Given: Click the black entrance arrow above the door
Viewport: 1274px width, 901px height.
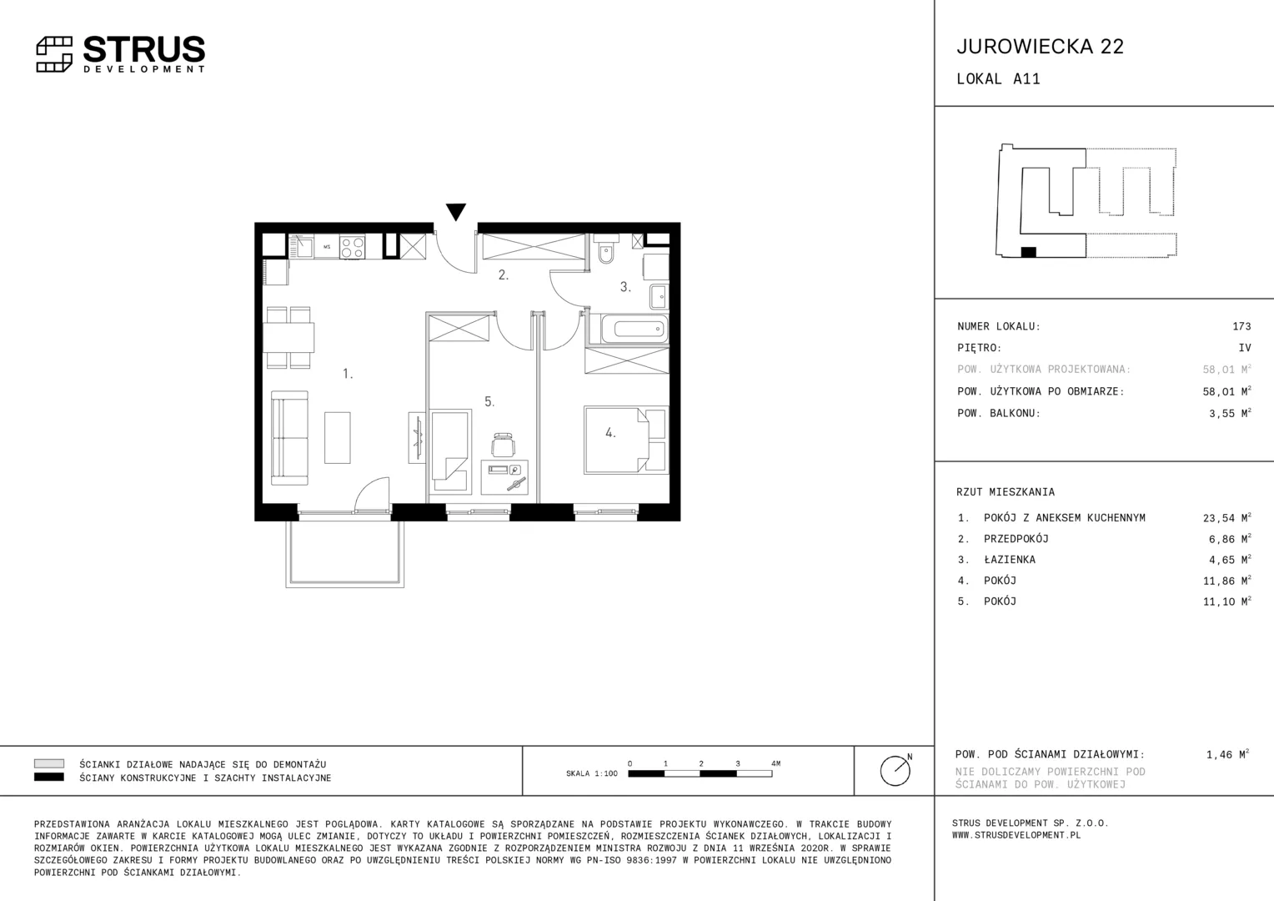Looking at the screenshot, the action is point(455,211).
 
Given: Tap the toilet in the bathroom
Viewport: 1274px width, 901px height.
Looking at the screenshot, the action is point(606,249).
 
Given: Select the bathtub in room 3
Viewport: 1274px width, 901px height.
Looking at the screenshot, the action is point(634,329).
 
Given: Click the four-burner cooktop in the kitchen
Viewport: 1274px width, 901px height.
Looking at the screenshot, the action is point(352,247).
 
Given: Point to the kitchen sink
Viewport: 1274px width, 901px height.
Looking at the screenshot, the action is point(302,246).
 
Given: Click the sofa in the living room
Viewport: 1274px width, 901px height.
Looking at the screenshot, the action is point(289,437).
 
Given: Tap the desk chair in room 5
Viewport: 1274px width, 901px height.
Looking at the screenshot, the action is point(504,444).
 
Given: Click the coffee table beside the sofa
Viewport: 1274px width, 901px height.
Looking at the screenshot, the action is point(338,437).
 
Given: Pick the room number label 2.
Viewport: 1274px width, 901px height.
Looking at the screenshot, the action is point(504,275).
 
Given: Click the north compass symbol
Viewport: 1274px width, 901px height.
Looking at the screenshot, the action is point(895,770).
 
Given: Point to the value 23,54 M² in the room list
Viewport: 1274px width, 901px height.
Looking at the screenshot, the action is point(1226,517).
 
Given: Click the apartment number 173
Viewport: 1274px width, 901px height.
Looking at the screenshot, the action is point(1241,326).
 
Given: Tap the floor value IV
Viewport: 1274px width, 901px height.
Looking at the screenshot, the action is point(1245,347).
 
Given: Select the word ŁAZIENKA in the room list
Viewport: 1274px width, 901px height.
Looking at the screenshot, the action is point(1010,560).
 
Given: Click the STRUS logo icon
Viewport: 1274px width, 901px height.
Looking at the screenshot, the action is point(54,54).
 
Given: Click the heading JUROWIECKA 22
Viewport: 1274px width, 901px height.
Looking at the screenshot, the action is point(1041,46).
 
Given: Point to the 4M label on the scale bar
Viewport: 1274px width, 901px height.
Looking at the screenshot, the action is point(775,763).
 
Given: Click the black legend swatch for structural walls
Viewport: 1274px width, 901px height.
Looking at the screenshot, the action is point(49,777).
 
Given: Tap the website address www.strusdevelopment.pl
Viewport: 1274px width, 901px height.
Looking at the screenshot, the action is point(1016,835).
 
